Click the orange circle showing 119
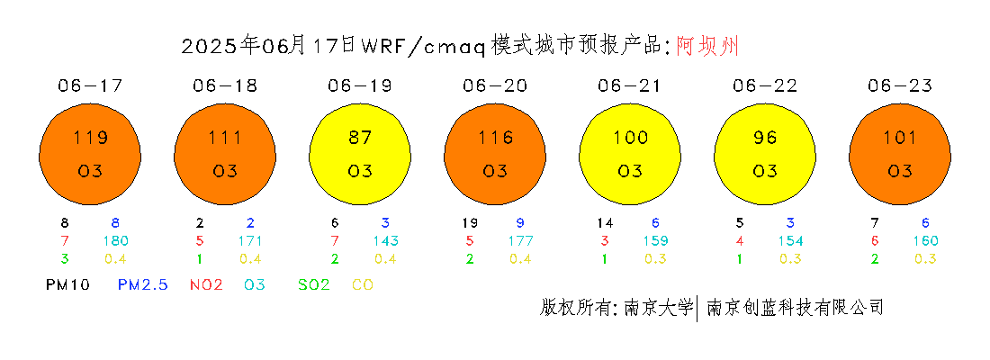pos(90,154)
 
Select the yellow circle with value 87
pos(360,154)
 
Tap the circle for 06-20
pos(495,154)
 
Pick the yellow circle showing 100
pos(630,154)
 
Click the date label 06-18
pos(225,85)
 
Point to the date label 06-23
pos(900,85)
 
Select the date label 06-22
pos(765,85)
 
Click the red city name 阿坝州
pos(707,46)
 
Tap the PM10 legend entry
pos(67,285)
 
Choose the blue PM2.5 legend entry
pos(143,285)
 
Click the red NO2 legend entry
pos(206,285)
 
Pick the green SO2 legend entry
pos(314,285)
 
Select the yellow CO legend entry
pos(363,285)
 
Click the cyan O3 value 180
pos(116,240)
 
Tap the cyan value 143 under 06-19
pos(386,240)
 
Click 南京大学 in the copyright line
pos(659,308)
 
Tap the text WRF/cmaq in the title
pos(424,46)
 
